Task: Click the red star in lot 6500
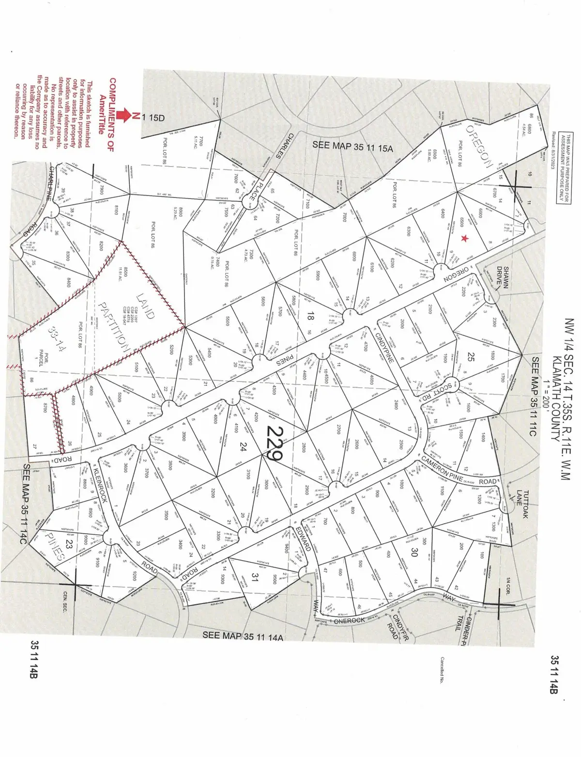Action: tap(465, 238)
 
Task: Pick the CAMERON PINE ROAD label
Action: tap(459, 470)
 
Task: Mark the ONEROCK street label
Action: tap(349, 621)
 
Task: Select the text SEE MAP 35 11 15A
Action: tap(353, 144)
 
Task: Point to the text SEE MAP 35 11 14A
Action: tap(242, 636)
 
